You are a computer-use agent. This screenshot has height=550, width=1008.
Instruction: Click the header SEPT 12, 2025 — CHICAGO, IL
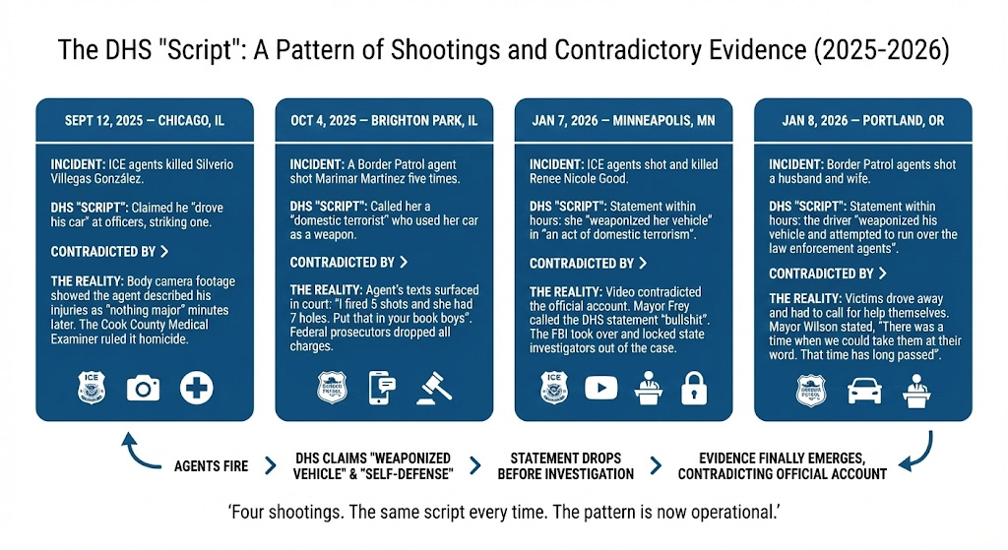(x=144, y=121)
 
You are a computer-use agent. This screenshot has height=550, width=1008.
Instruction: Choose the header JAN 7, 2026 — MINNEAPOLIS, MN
(x=623, y=121)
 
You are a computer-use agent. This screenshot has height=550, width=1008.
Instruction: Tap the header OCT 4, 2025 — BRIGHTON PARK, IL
(x=384, y=121)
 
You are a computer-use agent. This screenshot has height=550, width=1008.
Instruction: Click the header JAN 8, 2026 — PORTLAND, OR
(x=862, y=121)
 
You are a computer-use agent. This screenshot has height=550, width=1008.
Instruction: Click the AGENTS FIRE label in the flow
(x=211, y=465)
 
